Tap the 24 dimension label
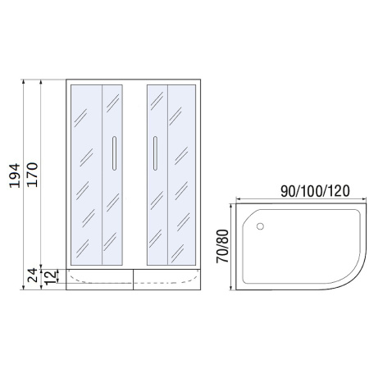33,276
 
